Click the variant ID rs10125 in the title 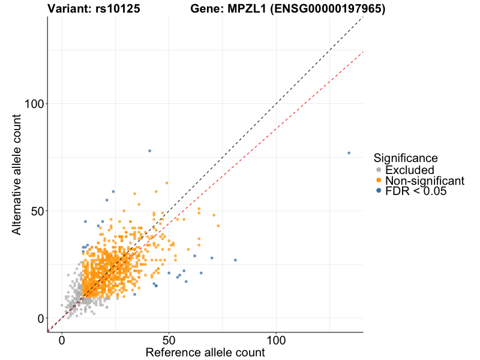point(118,9)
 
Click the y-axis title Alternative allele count point(18,175)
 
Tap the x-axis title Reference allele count point(205,352)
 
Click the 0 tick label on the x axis point(62,340)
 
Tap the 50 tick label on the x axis point(169,340)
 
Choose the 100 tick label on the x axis point(276,340)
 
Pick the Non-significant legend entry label point(424,181)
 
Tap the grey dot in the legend point(379,170)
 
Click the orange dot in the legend point(379,181)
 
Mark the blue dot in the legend point(379,191)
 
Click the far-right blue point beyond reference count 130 point(349,153)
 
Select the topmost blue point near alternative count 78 point(149,151)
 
